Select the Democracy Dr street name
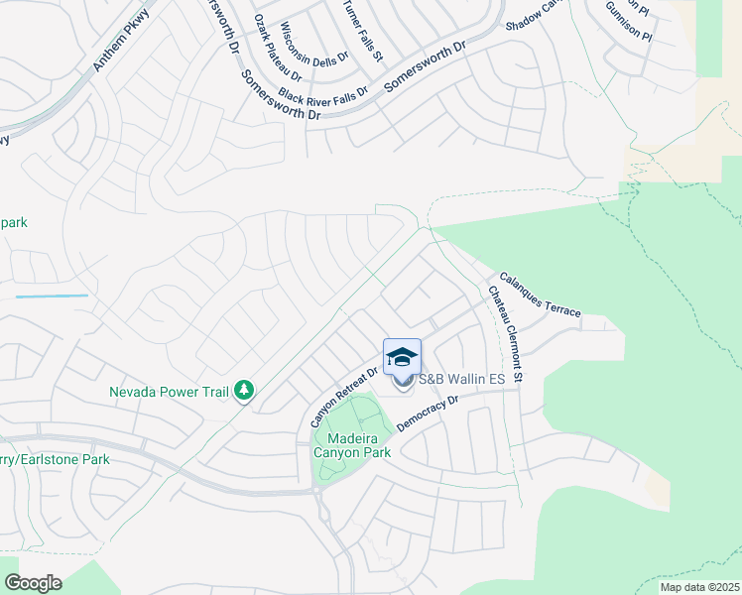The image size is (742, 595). point(428,415)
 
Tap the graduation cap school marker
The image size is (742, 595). point(402,357)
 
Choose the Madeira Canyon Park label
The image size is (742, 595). point(352,444)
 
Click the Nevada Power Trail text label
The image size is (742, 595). point(170,391)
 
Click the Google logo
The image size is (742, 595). point(33,583)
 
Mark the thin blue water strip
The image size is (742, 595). point(52,296)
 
